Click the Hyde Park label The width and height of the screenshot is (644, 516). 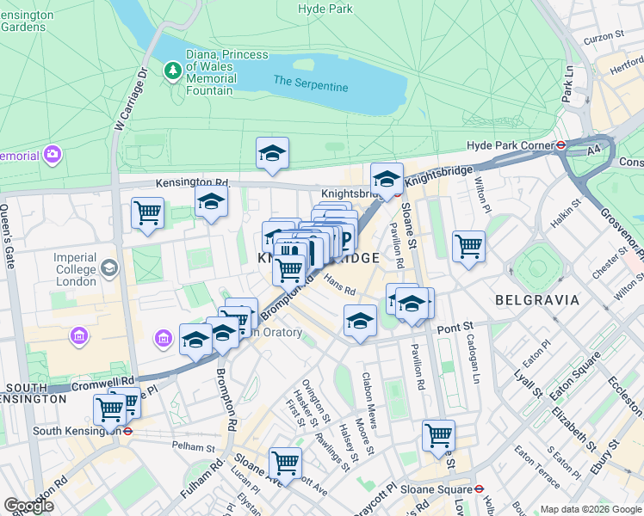(x=325, y=9)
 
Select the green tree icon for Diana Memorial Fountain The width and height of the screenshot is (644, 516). (x=172, y=68)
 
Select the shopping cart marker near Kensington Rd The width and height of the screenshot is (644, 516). (x=147, y=212)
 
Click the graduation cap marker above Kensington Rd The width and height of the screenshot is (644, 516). (x=273, y=154)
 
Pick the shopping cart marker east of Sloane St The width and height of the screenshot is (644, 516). (x=468, y=245)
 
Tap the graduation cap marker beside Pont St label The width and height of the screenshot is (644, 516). (x=360, y=322)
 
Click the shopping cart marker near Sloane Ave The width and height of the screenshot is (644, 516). (x=285, y=463)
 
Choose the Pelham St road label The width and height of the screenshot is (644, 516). (x=193, y=447)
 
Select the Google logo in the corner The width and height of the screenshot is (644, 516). (x=29, y=505)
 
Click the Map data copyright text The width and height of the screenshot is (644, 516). (x=590, y=508)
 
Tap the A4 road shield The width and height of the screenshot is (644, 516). (x=593, y=150)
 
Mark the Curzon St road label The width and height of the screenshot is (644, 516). (x=604, y=36)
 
